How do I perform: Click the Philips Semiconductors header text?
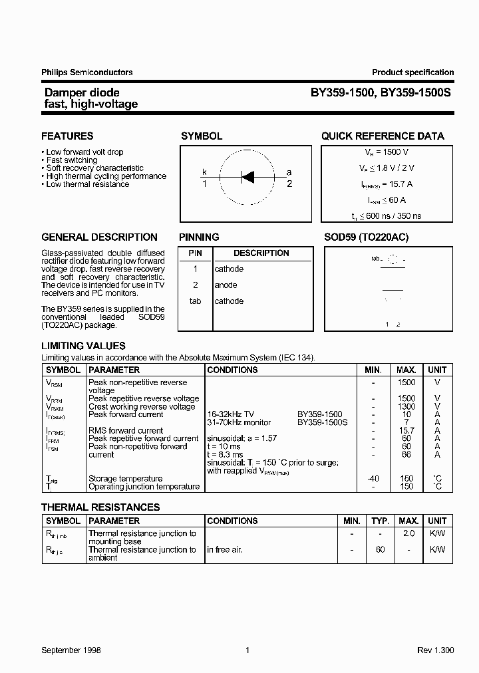coord(87,72)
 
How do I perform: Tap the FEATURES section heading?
coord(67,136)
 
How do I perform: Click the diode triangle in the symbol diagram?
coord(247,176)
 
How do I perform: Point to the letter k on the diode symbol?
coord(204,172)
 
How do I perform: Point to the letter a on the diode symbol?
coord(289,172)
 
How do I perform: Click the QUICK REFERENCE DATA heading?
coord(383,136)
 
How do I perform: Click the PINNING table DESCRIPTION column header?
coord(261,253)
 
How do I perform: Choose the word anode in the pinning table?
coord(226,285)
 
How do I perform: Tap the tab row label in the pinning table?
coord(195,301)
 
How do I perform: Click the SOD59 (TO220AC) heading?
coord(366,237)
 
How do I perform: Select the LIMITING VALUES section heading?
coord(83,346)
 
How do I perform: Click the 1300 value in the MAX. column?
coord(406,406)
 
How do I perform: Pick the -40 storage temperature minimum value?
coord(373,478)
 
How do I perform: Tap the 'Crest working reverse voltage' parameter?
coord(142,406)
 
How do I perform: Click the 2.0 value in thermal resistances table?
coord(408,533)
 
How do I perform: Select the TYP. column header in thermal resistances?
coord(380,521)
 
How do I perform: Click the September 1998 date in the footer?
coord(71,650)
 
